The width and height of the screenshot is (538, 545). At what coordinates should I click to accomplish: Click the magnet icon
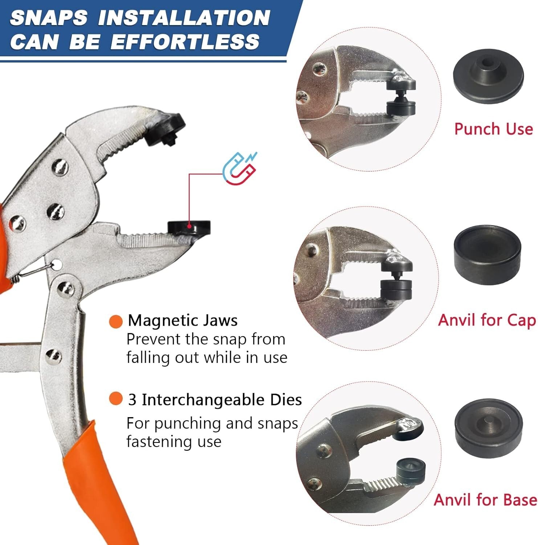pyautogui.click(x=239, y=168)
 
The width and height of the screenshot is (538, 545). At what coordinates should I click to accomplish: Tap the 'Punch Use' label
pyautogui.click(x=493, y=129)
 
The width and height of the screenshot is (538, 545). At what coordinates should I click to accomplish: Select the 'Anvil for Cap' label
pyautogui.click(x=487, y=320)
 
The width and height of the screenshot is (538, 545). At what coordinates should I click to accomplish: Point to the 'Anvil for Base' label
pyautogui.click(x=485, y=500)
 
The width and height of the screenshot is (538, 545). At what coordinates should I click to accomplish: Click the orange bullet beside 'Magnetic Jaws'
pyautogui.click(x=116, y=321)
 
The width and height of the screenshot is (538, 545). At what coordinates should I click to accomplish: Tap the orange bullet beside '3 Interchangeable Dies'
pyautogui.click(x=116, y=399)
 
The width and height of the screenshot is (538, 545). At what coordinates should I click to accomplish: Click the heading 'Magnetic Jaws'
pyautogui.click(x=183, y=320)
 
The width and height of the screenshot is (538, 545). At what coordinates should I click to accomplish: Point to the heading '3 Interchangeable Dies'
pyautogui.click(x=215, y=400)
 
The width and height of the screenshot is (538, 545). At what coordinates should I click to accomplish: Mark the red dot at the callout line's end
pyautogui.click(x=189, y=226)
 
